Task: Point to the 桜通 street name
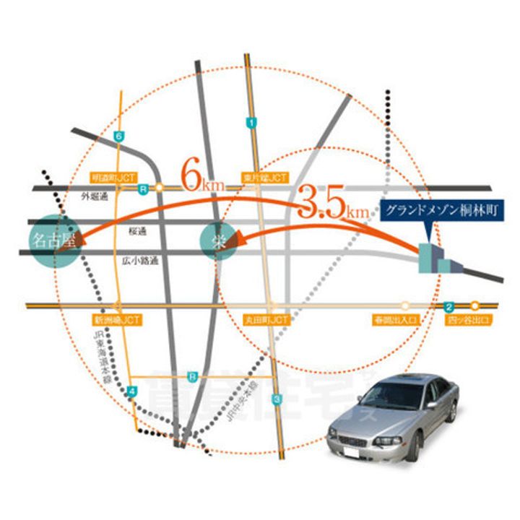point(137,231)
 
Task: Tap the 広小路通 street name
point(141,259)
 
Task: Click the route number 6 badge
point(119,136)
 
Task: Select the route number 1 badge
point(251,123)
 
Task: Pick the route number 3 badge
point(276,400)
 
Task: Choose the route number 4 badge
point(131,391)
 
